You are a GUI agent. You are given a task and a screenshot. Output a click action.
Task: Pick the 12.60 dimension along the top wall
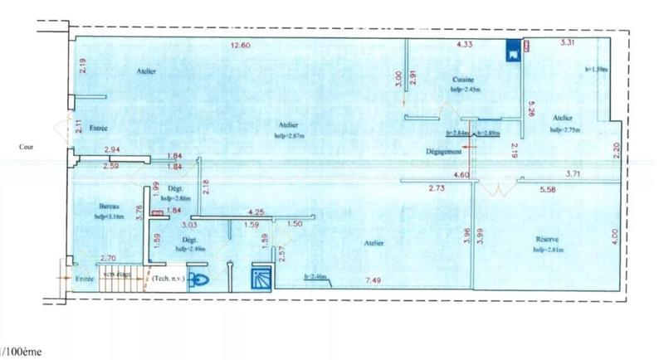(x=240, y=45)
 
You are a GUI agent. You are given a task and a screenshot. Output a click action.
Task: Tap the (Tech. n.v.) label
(x=168, y=278)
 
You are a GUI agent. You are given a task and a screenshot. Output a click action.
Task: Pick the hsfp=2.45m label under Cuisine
(x=466, y=88)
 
